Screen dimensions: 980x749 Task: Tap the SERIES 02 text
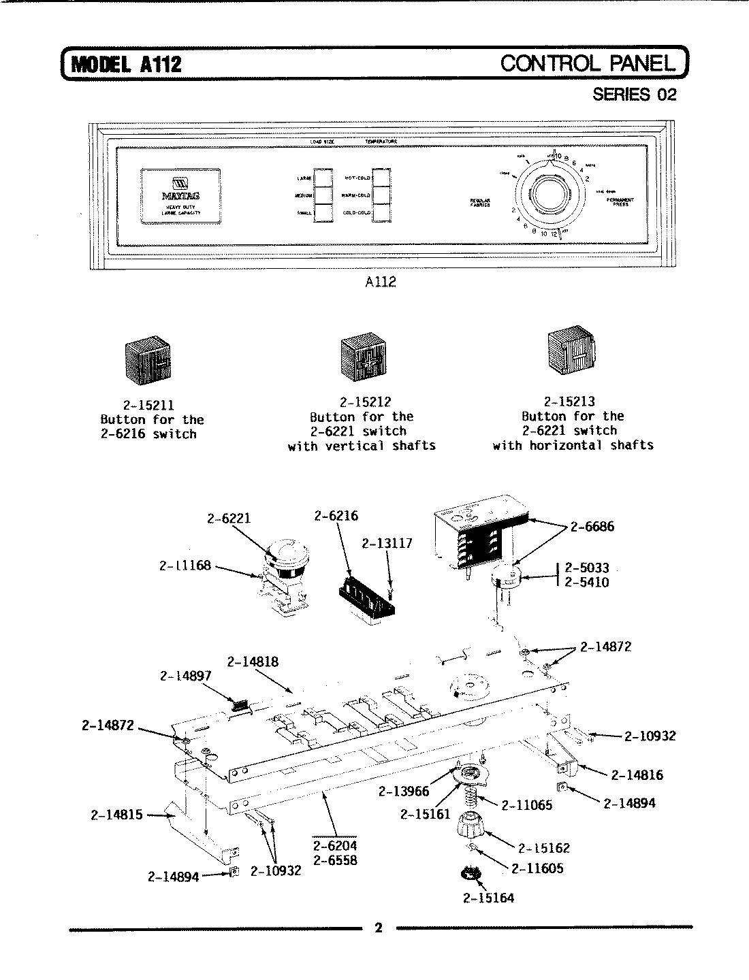click(x=634, y=95)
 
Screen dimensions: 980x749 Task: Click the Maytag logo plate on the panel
click(x=180, y=195)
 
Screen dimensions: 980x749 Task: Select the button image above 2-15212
click(x=362, y=358)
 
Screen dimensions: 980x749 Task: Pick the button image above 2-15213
click(x=571, y=351)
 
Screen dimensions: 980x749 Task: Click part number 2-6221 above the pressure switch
click(x=228, y=519)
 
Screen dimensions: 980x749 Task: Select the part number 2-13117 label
click(x=387, y=544)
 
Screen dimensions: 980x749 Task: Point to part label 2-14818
click(x=253, y=661)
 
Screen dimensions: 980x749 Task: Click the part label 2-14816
click(x=637, y=774)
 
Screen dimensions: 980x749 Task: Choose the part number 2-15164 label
click(x=488, y=898)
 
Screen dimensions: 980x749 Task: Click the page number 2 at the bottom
click(x=379, y=928)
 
